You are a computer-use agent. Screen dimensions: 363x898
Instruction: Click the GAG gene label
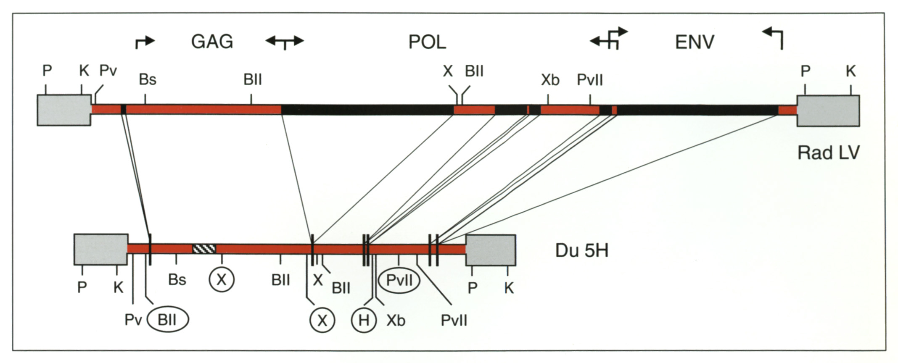pos(212,42)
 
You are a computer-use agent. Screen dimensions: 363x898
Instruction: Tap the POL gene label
pos(427,42)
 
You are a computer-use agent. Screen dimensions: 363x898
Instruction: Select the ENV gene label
pos(695,42)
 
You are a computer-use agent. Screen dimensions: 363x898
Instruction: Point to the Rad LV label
pos(828,153)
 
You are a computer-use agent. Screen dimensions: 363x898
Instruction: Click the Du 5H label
pos(582,250)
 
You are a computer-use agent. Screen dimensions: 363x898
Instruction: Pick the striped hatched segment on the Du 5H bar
pos(204,249)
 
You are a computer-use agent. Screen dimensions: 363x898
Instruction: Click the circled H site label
pos(364,320)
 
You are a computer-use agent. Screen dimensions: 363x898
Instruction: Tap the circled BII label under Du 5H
pos(167,320)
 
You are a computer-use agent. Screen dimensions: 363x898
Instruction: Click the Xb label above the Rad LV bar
pos(550,79)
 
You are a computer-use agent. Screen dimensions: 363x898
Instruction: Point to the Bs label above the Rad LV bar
pos(148,79)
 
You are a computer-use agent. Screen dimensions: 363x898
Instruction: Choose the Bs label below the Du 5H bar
pos(177,279)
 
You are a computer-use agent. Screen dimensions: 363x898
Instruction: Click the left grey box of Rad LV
pos(64,110)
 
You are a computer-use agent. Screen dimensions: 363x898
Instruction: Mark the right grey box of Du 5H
pos(490,250)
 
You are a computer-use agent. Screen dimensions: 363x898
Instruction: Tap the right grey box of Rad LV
pos(828,110)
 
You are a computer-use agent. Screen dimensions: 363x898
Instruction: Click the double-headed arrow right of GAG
pos(285,42)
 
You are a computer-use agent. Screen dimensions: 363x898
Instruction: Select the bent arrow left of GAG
pos(145,42)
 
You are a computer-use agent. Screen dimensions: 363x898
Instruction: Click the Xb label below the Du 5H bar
pos(396,321)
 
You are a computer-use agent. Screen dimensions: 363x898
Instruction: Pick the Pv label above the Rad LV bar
pos(108,71)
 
